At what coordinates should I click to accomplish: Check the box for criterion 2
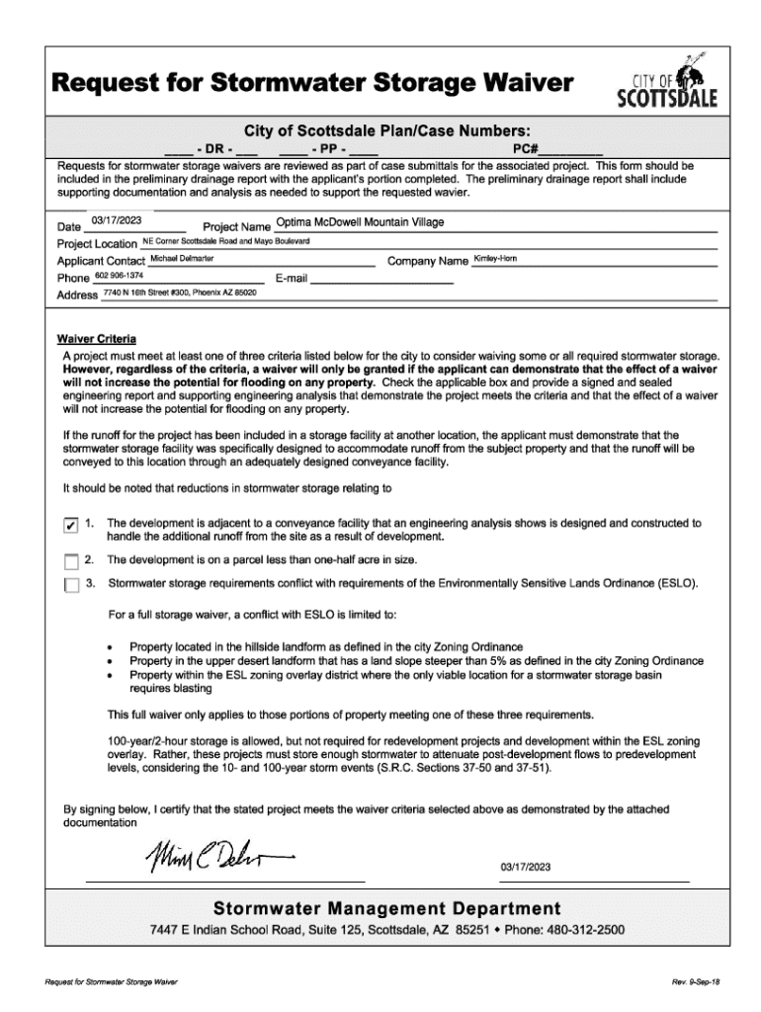pos(69,561)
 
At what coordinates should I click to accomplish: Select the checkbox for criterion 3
pos(69,585)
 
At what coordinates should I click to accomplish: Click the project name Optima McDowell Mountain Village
pos(361,222)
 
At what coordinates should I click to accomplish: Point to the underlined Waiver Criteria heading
pos(100,338)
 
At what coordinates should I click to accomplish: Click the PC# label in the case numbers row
pos(528,148)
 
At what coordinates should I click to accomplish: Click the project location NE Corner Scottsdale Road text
pos(226,240)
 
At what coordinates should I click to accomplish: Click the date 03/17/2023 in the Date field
pos(117,222)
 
